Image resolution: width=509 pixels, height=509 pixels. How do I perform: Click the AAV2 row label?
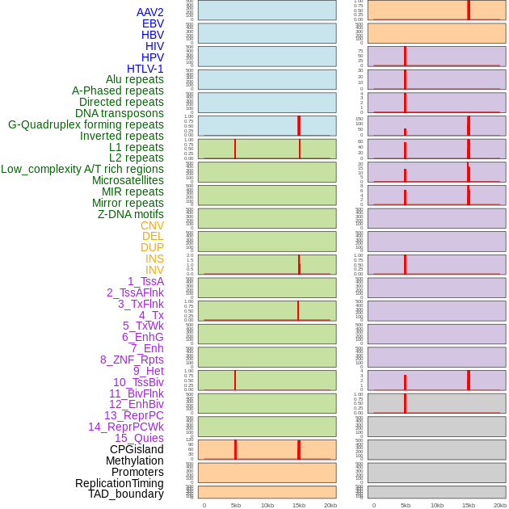[149, 12]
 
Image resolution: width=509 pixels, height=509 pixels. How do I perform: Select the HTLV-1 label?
[145, 69]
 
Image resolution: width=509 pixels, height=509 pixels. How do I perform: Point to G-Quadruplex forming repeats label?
[86, 124]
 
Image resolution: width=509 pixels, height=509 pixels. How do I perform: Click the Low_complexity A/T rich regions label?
[82, 169]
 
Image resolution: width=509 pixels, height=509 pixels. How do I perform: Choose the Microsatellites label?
[128, 180]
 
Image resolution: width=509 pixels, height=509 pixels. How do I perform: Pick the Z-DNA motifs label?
[130, 214]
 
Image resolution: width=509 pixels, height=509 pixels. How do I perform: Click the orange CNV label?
[152, 225]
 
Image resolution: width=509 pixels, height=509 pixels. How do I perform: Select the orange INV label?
[154, 270]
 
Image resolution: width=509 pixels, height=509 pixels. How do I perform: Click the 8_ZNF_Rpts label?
[132, 360]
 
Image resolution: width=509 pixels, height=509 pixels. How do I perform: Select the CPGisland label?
[137, 449]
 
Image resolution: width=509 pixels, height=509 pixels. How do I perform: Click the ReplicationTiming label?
[119, 483]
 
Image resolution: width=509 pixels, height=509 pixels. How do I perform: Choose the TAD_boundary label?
[125, 494]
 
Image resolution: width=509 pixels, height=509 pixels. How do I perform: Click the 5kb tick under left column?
[236, 505]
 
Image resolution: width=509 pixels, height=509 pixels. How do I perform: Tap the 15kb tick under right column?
[469, 505]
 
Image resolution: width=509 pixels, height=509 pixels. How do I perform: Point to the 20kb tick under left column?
[330, 505]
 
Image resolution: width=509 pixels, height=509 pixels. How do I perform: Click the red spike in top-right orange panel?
[469, 10]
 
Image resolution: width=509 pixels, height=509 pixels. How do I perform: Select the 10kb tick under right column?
[437, 505]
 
